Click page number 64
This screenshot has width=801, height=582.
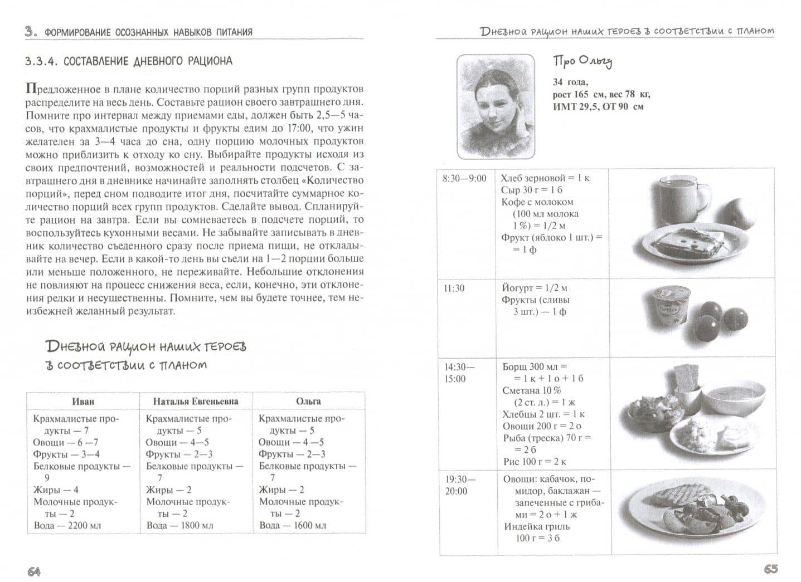[x=34, y=571]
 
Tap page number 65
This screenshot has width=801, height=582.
[x=770, y=569]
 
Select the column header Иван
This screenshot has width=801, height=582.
[x=83, y=401]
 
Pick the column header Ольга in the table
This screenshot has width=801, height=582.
[x=308, y=401]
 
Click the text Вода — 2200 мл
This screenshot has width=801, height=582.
[x=67, y=525]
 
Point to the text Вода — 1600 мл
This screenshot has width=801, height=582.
[x=293, y=525]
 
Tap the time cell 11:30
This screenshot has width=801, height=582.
[x=454, y=288]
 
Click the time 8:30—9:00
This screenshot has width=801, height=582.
[x=464, y=178]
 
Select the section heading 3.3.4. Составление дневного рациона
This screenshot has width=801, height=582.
[x=129, y=61]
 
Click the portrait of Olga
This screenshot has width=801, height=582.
[x=496, y=106]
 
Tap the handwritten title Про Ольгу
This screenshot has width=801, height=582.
[x=582, y=62]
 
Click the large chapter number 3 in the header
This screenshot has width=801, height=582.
[x=30, y=31]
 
